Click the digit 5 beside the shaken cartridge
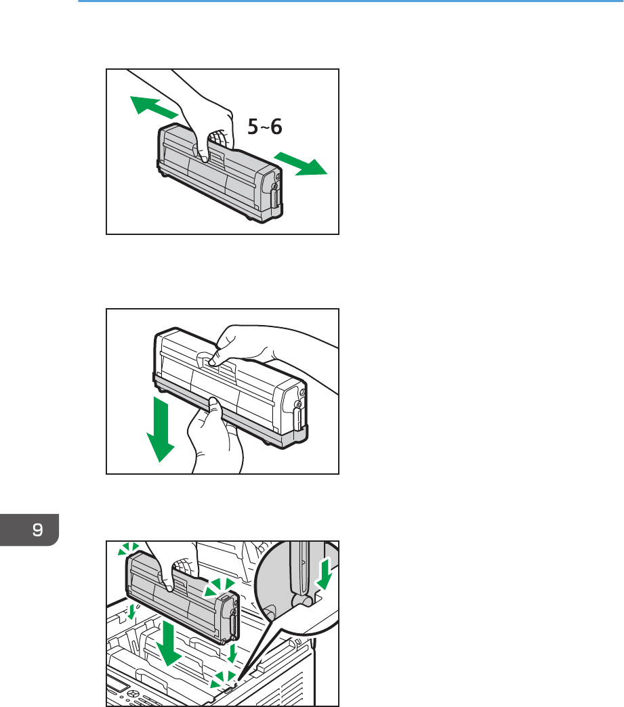pos(253,126)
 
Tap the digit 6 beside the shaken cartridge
pos(276,126)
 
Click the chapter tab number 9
pos(38,530)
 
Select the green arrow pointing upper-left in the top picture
pos(153,107)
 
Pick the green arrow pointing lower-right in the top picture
pos(301,163)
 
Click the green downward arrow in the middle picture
pos(161,429)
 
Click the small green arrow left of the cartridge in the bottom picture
pos(131,612)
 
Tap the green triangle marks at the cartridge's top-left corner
pos(128,549)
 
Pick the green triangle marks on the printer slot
pos(223,679)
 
